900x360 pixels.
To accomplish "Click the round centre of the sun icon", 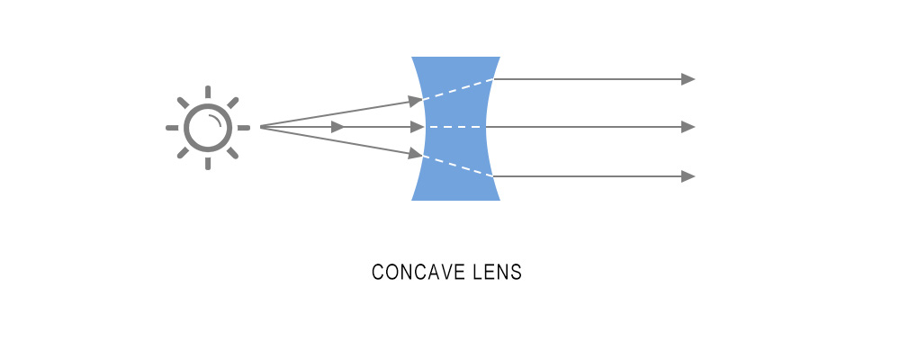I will pyautogui.click(x=207, y=128).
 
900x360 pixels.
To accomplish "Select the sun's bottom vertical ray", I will pyautogui.click(x=207, y=163).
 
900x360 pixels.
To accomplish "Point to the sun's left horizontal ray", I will pyautogui.click(x=172, y=128).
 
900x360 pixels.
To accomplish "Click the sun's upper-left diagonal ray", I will pyautogui.click(x=183, y=103).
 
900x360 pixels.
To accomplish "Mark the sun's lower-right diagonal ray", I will pyautogui.click(x=232, y=153).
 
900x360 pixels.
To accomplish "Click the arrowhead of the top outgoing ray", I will pyautogui.click(x=688, y=79).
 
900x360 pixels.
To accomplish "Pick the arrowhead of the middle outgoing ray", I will pyautogui.click(x=688, y=128).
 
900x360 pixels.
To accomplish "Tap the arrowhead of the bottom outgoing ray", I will pyautogui.click(x=688, y=176).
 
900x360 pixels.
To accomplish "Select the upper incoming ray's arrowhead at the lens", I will pyautogui.click(x=416, y=100).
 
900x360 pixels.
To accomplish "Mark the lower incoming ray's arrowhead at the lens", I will pyautogui.click(x=416, y=156).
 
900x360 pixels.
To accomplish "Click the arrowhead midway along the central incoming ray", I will pyautogui.click(x=338, y=128).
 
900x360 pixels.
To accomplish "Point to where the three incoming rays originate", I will pyautogui.click(x=262, y=128).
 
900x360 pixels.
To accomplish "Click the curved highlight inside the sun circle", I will pyautogui.click(x=217, y=118).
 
